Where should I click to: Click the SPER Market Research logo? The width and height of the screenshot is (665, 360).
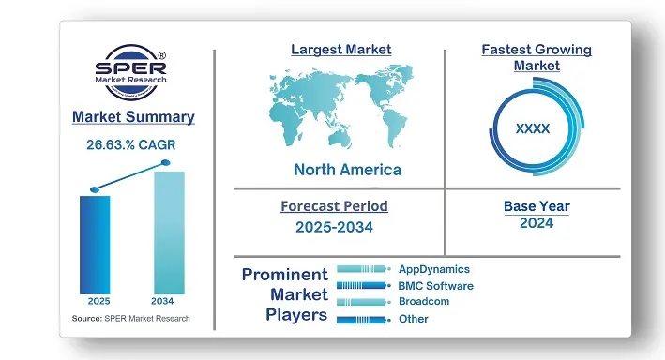(133, 73)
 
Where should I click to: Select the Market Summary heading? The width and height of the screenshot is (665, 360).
(133, 117)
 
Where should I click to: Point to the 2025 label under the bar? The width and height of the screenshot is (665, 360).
(98, 302)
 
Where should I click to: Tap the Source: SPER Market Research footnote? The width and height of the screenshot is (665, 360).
(130, 319)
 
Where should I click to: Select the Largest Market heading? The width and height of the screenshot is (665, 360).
(340, 49)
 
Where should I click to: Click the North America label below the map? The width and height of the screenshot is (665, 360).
(347, 170)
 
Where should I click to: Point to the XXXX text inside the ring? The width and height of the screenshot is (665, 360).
(533, 128)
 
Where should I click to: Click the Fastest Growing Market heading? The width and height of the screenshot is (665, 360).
(537, 57)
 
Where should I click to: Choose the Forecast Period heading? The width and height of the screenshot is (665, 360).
(334, 206)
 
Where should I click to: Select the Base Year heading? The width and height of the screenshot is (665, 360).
(537, 206)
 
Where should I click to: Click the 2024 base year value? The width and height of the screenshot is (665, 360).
(537, 223)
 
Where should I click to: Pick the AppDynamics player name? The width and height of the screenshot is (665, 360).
(433, 269)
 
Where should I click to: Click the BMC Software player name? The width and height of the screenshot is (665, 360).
(435, 286)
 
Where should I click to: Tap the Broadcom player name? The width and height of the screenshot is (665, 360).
(425, 302)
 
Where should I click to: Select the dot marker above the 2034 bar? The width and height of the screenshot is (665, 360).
(166, 163)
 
